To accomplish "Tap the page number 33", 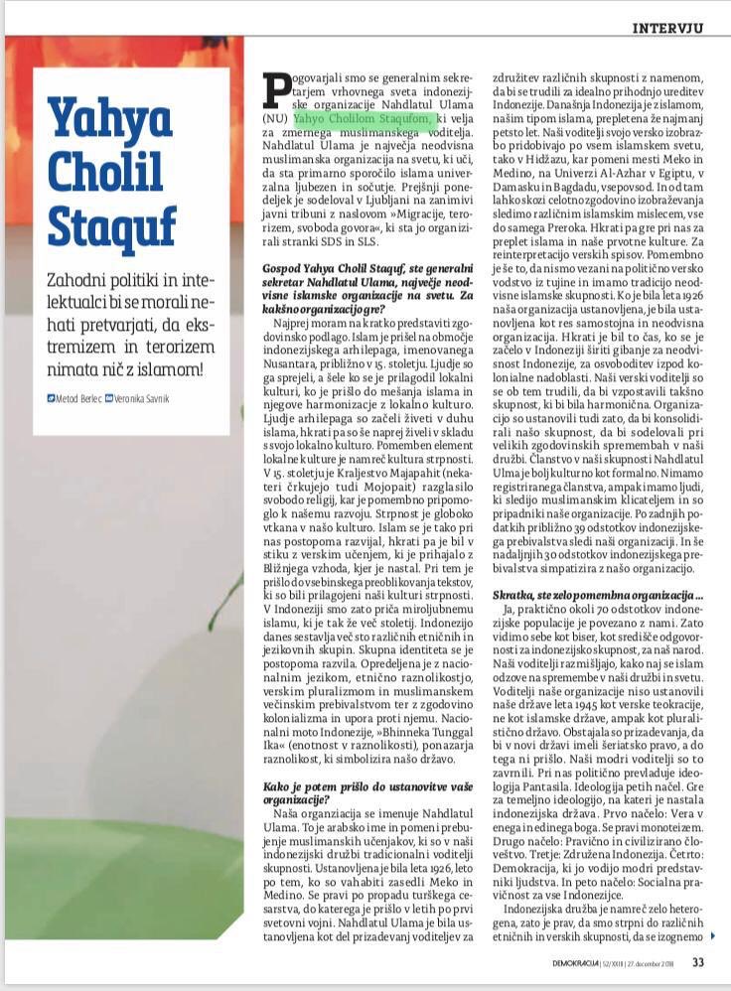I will tap(698, 962).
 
